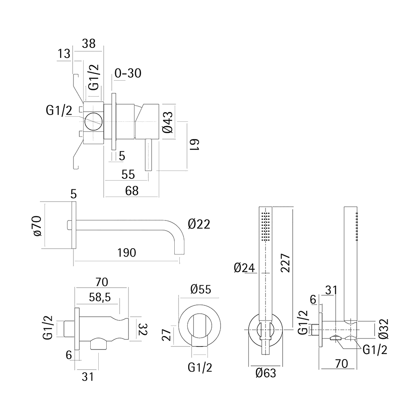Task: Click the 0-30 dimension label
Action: tap(128, 73)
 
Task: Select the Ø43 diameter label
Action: tap(167, 121)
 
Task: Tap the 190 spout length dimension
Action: tap(127, 252)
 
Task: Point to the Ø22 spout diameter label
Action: tap(199, 224)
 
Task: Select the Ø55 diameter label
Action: tap(200, 289)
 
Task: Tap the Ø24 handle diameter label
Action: tap(244, 268)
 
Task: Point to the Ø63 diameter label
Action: tap(266, 372)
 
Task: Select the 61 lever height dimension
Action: tap(194, 145)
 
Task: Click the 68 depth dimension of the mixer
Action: tap(132, 190)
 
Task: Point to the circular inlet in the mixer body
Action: tap(93, 121)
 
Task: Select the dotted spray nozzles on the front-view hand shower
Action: tap(265, 227)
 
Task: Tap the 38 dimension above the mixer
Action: tap(89, 43)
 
